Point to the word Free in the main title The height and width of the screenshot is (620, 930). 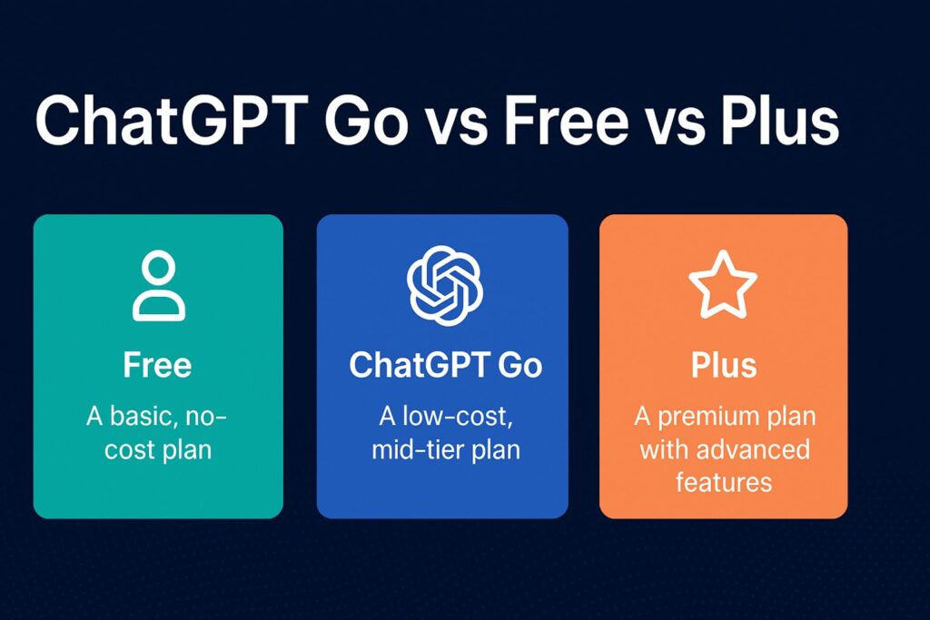click(556, 123)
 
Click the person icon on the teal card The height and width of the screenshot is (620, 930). click(158, 287)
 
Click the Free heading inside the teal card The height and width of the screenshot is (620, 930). click(158, 365)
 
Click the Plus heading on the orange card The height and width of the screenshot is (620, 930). click(723, 365)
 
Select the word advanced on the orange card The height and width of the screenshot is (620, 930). click(750, 448)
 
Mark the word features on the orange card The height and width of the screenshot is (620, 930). click(723, 481)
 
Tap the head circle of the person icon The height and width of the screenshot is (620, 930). click(158, 271)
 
